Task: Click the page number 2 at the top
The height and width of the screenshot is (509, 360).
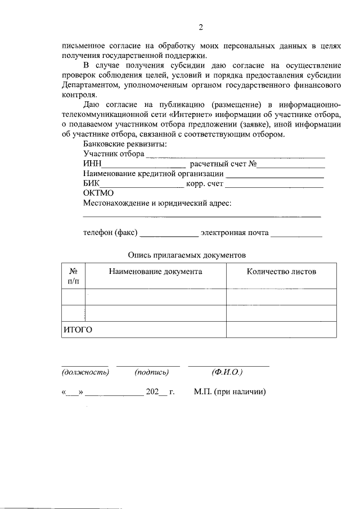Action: (200, 28)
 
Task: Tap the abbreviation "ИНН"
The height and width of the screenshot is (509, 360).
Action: (92, 164)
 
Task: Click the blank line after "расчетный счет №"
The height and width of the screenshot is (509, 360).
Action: (291, 165)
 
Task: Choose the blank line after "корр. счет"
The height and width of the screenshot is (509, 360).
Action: (274, 185)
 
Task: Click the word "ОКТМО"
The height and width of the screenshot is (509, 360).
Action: (98, 193)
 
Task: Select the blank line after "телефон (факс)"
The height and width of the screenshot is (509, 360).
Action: (168, 235)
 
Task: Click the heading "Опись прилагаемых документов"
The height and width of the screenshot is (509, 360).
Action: (187, 255)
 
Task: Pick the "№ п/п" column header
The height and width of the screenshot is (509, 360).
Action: (73, 276)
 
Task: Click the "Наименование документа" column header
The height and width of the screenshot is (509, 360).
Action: (156, 272)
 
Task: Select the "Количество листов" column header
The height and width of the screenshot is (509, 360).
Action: (281, 272)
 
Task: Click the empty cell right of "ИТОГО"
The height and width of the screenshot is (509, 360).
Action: (281, 330)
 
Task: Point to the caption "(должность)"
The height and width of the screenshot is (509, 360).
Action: (85, 372)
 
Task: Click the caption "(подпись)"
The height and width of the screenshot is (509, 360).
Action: (152, 372)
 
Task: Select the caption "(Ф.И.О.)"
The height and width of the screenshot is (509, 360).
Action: (227, 372)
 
